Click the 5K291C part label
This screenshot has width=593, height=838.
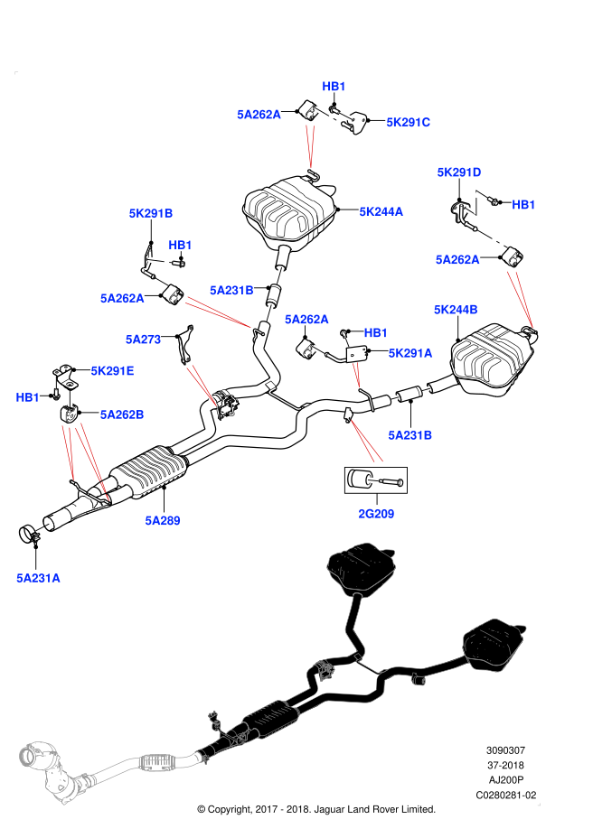pos(408,123)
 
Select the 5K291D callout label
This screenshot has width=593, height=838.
pos(459,172)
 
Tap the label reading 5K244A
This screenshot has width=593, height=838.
pos(381,212)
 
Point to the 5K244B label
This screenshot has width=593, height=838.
pos(456,310)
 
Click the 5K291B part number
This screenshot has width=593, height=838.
pos(150,214)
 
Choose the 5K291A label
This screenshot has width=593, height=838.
pos(409,353)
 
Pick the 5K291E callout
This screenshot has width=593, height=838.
pos(112,371)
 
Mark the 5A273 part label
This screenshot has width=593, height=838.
pos(143,340)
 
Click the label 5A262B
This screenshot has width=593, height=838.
pos(121,414)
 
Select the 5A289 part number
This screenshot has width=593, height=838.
pos(162,521)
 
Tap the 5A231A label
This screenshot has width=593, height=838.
pos(38,578)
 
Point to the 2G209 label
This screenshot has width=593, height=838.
pos(376,514)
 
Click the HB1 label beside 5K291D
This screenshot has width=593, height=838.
pos(523,205)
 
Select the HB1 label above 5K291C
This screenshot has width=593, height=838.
pos(334,87)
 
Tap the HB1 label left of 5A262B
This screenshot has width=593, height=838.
pos(27,397)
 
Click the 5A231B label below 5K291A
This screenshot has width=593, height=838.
pos(409,435)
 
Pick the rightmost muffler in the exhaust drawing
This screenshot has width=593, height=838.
pos(494,644)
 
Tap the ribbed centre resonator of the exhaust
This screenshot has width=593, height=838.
pos(271,720)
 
